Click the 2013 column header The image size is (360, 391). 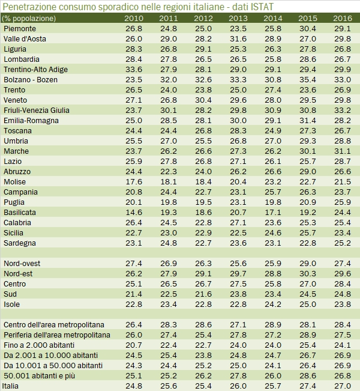[238, 19]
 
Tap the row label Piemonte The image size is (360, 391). [20, 29]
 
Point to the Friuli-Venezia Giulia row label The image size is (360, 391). [37, 110]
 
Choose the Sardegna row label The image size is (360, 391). [20, 243]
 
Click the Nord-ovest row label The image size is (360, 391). [22, 264]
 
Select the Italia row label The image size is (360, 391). [13, 386]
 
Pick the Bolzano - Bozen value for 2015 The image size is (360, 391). [307, 79]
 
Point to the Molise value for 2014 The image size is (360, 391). [272, 181]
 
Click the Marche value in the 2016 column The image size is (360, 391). [342, 151]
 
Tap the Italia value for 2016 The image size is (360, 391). [342, 386]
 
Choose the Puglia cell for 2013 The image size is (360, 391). [238, 202]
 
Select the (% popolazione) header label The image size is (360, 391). [29, 19]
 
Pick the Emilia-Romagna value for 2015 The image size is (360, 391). [307, 120]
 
